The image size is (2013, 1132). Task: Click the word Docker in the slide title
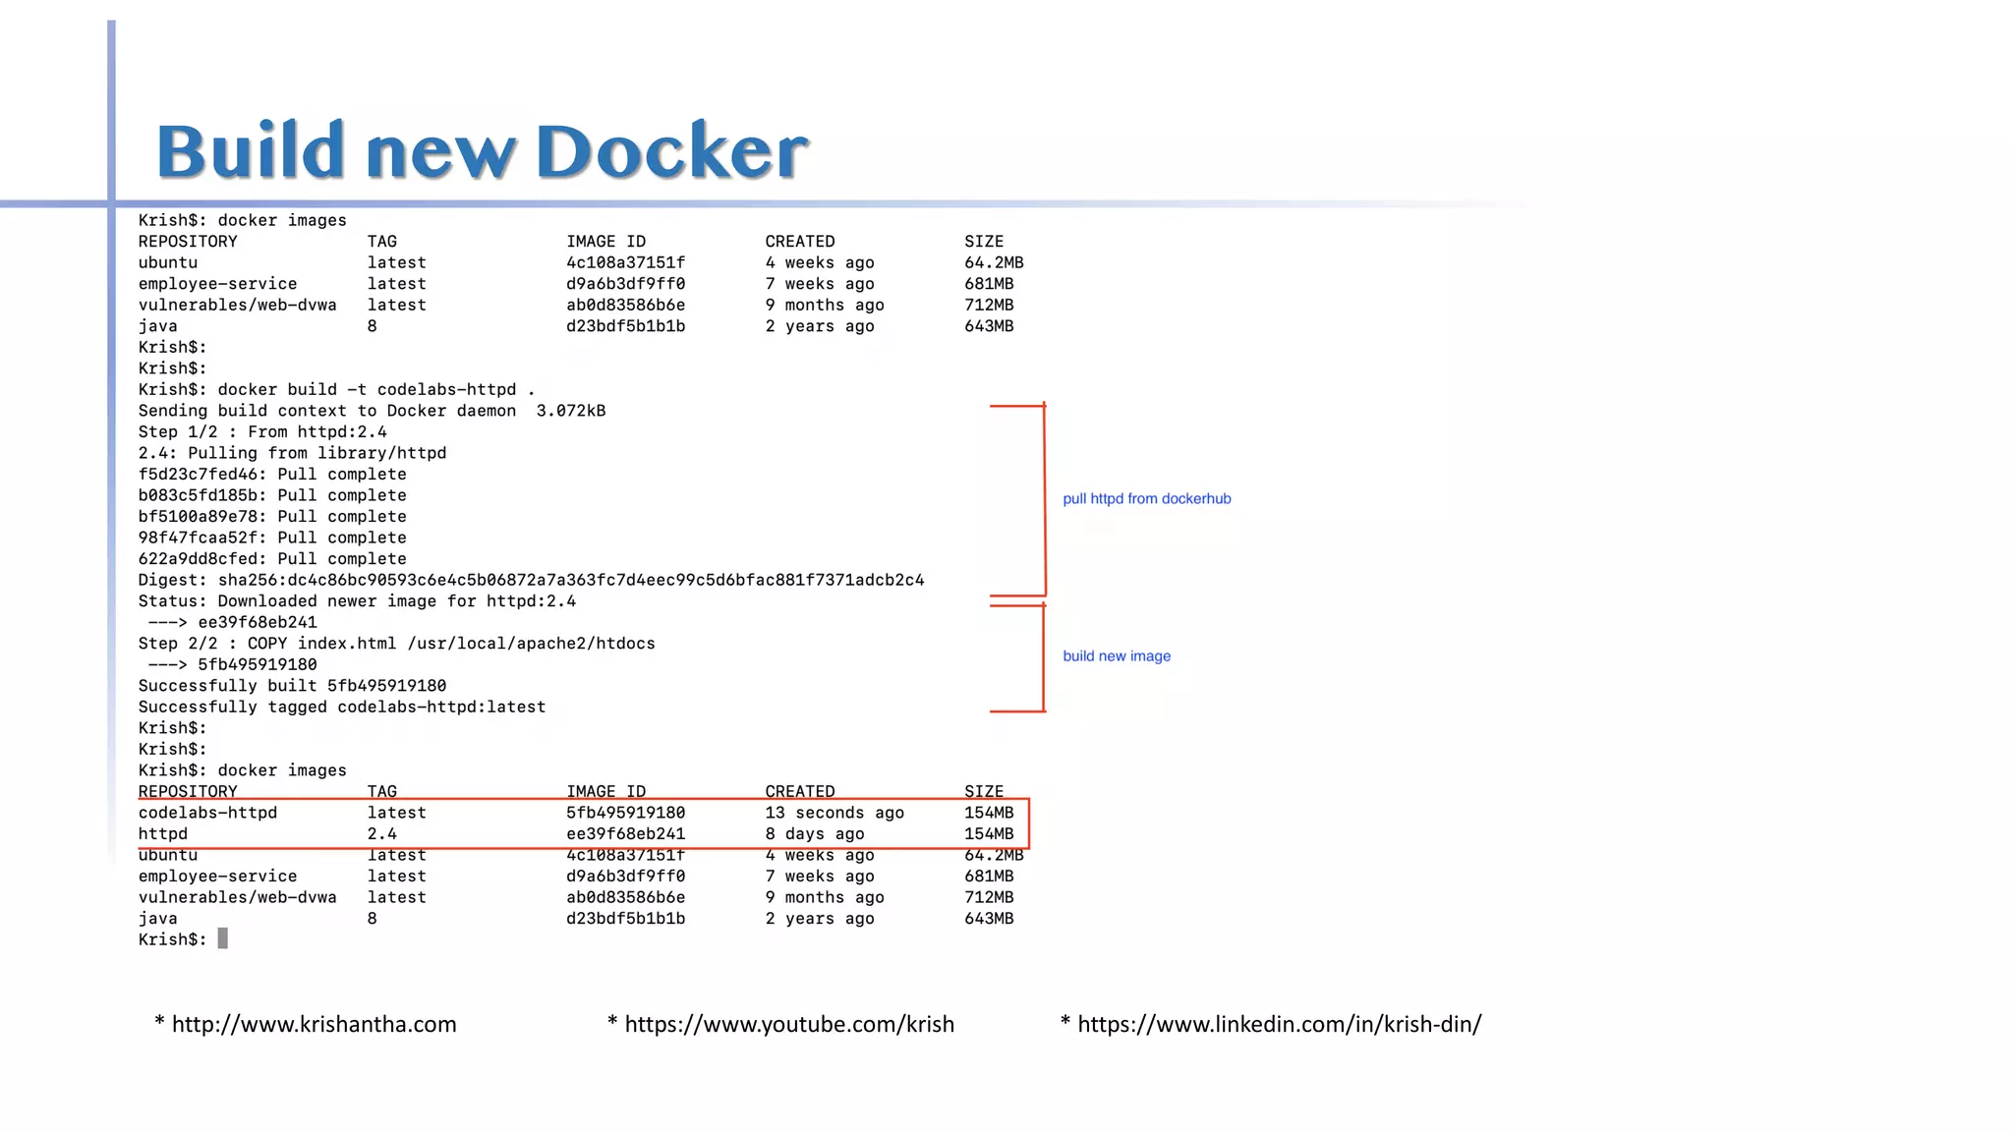[x=671, y=152]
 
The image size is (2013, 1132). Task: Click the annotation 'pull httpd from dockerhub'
[x=1146, y=499]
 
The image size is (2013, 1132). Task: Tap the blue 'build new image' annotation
[x=1117, y=656]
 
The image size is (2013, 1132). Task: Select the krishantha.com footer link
[x=314, y=1024]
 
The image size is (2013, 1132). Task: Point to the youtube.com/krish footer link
[x=789, y=1024]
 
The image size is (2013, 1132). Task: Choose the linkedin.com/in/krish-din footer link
[x=1279, y=1024]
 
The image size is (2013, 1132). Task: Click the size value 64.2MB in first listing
[x=994, y=263]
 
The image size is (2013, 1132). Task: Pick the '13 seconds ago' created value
[x=834, y=814]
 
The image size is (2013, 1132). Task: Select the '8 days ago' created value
[x=815, y=834]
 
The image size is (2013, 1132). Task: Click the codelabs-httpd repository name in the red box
[x=207, y=814]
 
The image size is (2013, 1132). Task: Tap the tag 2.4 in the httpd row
[x=382, y=834]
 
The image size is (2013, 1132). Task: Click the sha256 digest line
[x=531, y=581]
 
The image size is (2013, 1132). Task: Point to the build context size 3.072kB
[x=571, y=412]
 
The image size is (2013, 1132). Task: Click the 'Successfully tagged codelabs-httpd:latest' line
[x=341, y=707]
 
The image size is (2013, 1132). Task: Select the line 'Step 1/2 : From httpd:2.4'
[x=262, y=432]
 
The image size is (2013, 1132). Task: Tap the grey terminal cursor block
[x=223, y=939]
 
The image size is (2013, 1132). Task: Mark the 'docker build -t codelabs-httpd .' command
[x=376, y=390]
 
